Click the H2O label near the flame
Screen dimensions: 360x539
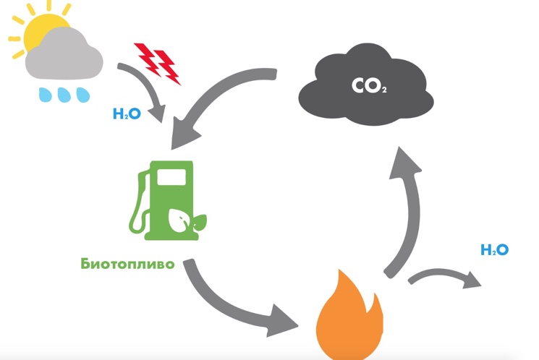point(495,250)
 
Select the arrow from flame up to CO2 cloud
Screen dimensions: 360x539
point(407,210)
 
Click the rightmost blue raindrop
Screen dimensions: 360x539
point(83,95)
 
